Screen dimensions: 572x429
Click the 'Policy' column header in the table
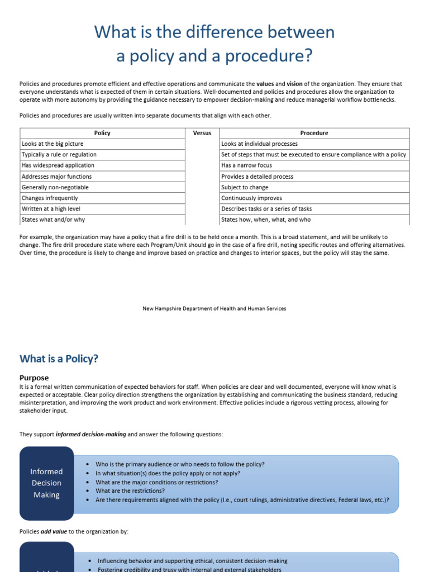tap(102, 133)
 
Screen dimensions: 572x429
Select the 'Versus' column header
tap(202, 133)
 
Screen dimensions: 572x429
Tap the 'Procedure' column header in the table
tap(314, 133)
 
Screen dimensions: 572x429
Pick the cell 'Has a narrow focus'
tap(246, 165)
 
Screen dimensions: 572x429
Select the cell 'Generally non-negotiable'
tap(55, 187)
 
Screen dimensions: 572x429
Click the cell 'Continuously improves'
tap(251, 198)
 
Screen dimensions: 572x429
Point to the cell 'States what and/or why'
tap(53, 220)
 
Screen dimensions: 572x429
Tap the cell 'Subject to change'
tap(245, 187)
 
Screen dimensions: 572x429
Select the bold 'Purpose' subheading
tap(34, 378)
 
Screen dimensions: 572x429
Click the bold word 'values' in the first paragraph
tap(265, 84)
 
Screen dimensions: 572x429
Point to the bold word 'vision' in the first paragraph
tap(294, 84)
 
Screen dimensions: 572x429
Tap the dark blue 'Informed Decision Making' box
tap(46, 483)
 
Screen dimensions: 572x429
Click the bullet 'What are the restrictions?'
tap(130, 491)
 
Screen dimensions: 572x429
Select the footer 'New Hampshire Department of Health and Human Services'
tap(214, 308)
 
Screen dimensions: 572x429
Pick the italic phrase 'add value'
tap(54, 532)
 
